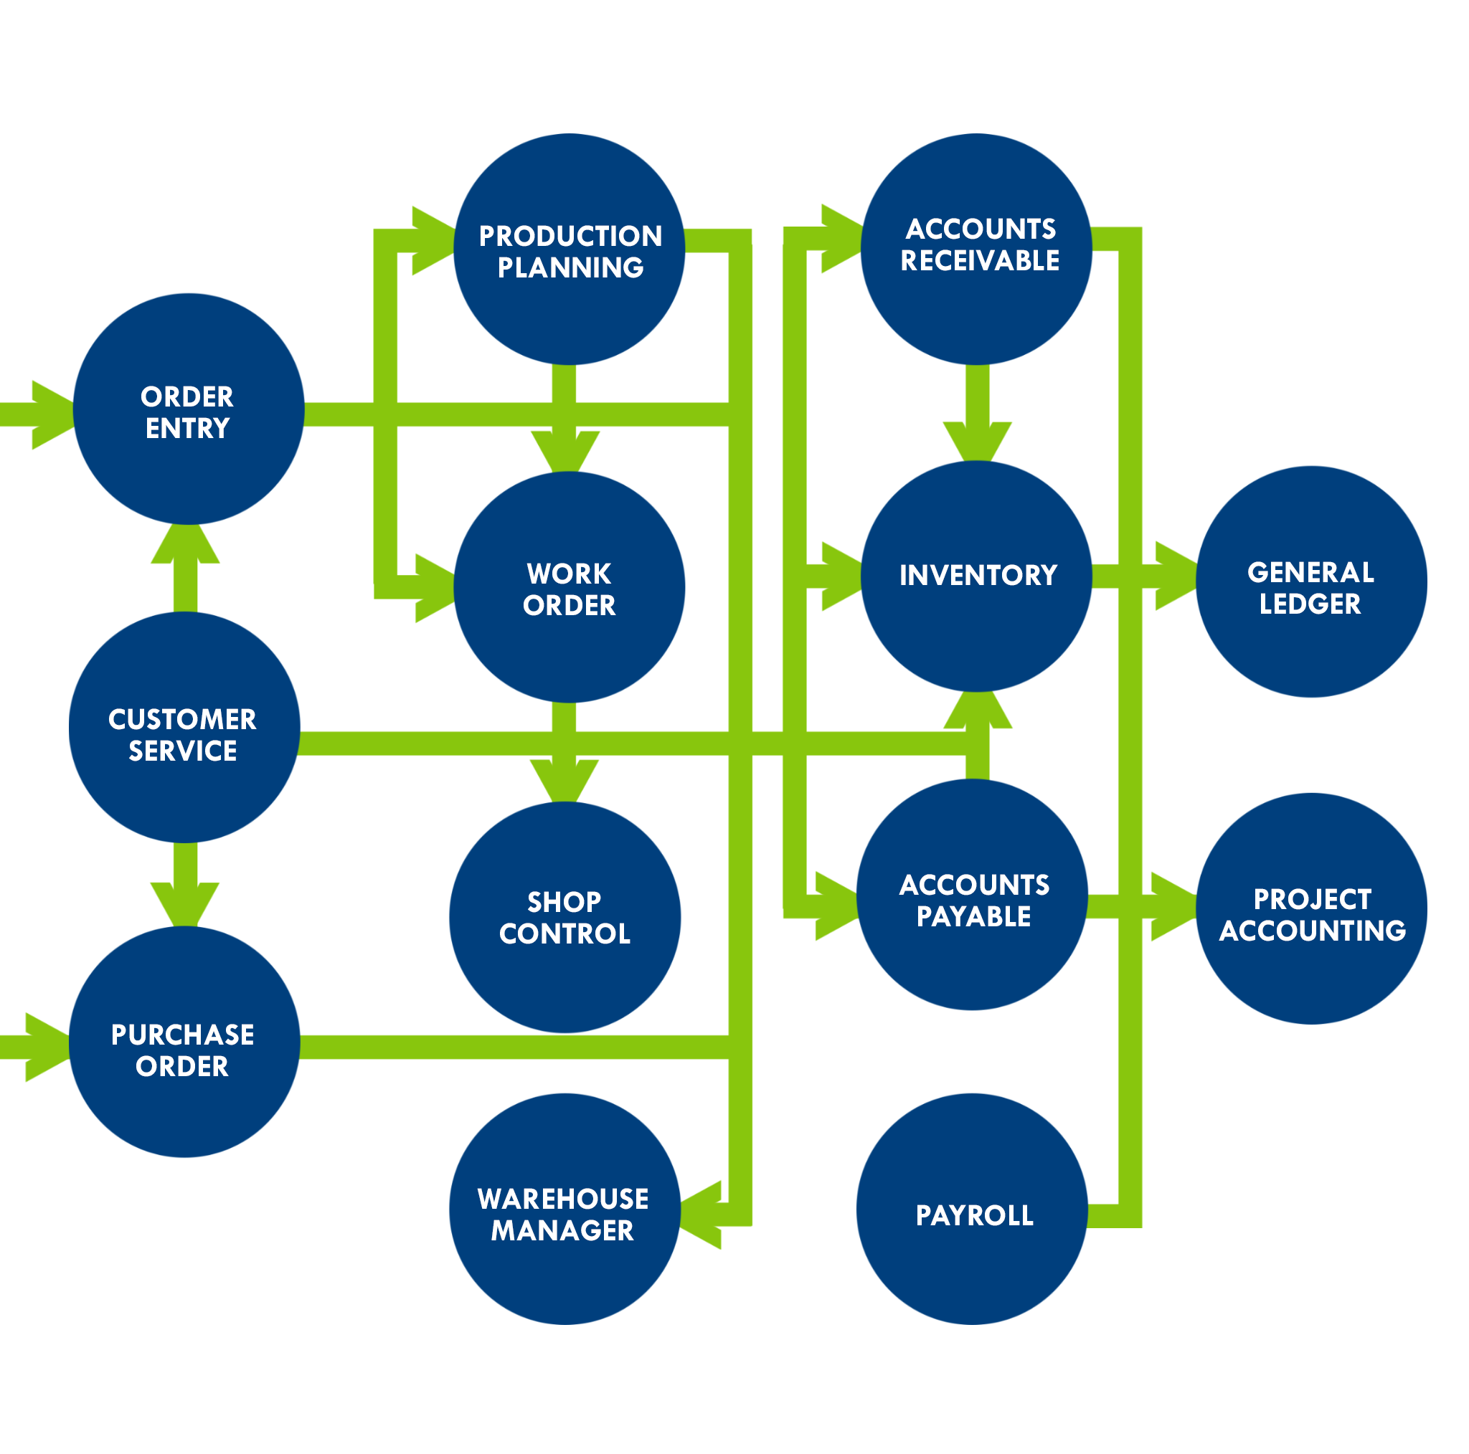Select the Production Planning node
pos(570,250)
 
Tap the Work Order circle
pos(570,587)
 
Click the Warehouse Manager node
pos(565,1209)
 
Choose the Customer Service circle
pos(185,728)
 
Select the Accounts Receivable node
pos(977,250)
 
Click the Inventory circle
pos(977,576)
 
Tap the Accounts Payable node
pos(973,895)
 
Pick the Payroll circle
pos(973,1209)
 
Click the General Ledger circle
pos(1312,581)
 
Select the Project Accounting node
pos(1312,908)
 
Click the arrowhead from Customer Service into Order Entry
pos(186,544)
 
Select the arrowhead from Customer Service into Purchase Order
pos(185,902)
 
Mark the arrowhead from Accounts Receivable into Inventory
pos(977,441)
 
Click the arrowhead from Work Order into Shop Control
pos(565,780)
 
